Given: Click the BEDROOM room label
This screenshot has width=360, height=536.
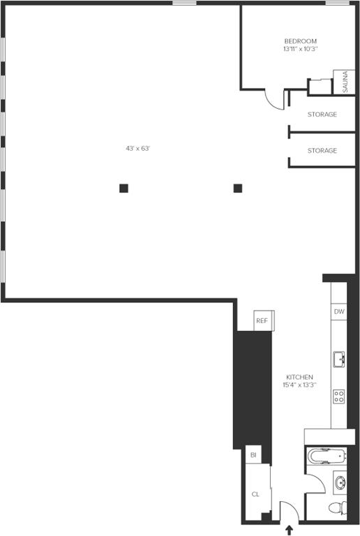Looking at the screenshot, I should (300, 41).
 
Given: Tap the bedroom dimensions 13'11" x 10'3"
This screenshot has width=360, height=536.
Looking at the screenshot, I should (300, 50).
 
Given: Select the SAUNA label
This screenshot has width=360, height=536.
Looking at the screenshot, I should (345, 82).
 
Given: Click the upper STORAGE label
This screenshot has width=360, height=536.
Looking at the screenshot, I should (322, 114).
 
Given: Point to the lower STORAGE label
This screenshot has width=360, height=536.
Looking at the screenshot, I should (322, 151).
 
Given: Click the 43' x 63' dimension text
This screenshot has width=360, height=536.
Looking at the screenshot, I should (138, 148).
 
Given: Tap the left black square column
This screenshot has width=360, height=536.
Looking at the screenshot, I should (123, 188).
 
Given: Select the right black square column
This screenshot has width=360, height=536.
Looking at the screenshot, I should (237, 188).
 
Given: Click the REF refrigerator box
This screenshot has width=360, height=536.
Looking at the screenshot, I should (262, 320).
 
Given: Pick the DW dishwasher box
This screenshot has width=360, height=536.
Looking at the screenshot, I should (339, 312).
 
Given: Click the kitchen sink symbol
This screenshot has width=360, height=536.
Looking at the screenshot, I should (339, 360).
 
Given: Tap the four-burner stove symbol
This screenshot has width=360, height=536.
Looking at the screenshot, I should (339, 396).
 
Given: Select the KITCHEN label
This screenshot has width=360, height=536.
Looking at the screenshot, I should (299, 377).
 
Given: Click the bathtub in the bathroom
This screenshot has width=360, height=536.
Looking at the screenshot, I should (327, 457).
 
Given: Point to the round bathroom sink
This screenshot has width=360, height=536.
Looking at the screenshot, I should (339, 482).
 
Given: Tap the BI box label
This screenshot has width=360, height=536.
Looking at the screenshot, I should (253, 455).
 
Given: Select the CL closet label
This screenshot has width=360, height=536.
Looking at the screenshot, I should (255, 494).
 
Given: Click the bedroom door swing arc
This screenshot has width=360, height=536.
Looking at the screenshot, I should (274, 100).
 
